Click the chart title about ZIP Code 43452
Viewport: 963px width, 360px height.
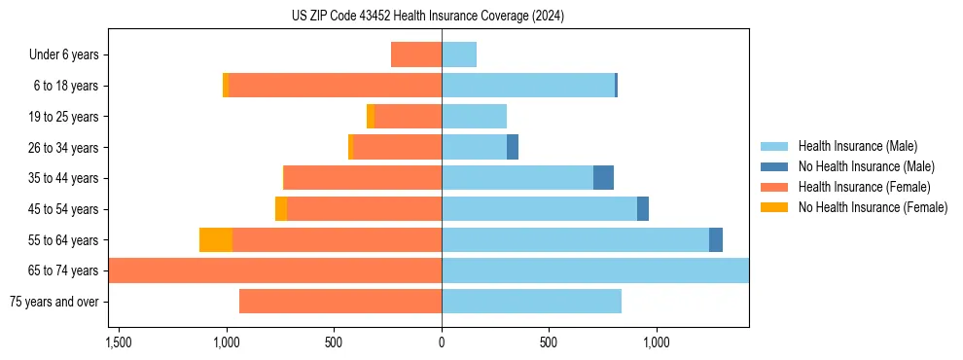(x=427, y=17)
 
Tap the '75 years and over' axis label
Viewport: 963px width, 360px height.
(x=53, y=302)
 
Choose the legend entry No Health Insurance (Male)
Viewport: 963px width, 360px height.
(x=866, y=167)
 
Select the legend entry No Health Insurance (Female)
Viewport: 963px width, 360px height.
(x=873, y=207)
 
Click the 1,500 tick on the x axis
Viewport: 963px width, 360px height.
(x=119, y=342)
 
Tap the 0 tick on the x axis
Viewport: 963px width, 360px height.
(x=442, y=342)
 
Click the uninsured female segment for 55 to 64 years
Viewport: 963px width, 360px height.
(x=216, y=240)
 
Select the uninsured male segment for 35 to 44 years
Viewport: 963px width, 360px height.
(x=603, y=178)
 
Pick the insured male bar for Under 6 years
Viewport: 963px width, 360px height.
(x=459, y=55)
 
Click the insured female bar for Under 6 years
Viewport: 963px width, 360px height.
(x=416, y=55)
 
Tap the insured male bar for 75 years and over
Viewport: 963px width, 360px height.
(x=531, y=302)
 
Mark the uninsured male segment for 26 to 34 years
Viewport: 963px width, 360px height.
(x=513, y=148)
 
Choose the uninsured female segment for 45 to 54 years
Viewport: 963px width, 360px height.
(x=281, y=209)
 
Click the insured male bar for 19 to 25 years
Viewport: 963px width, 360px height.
(x=474, y=117)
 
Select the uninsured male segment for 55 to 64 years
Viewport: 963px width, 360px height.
(x=716, y=240)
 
